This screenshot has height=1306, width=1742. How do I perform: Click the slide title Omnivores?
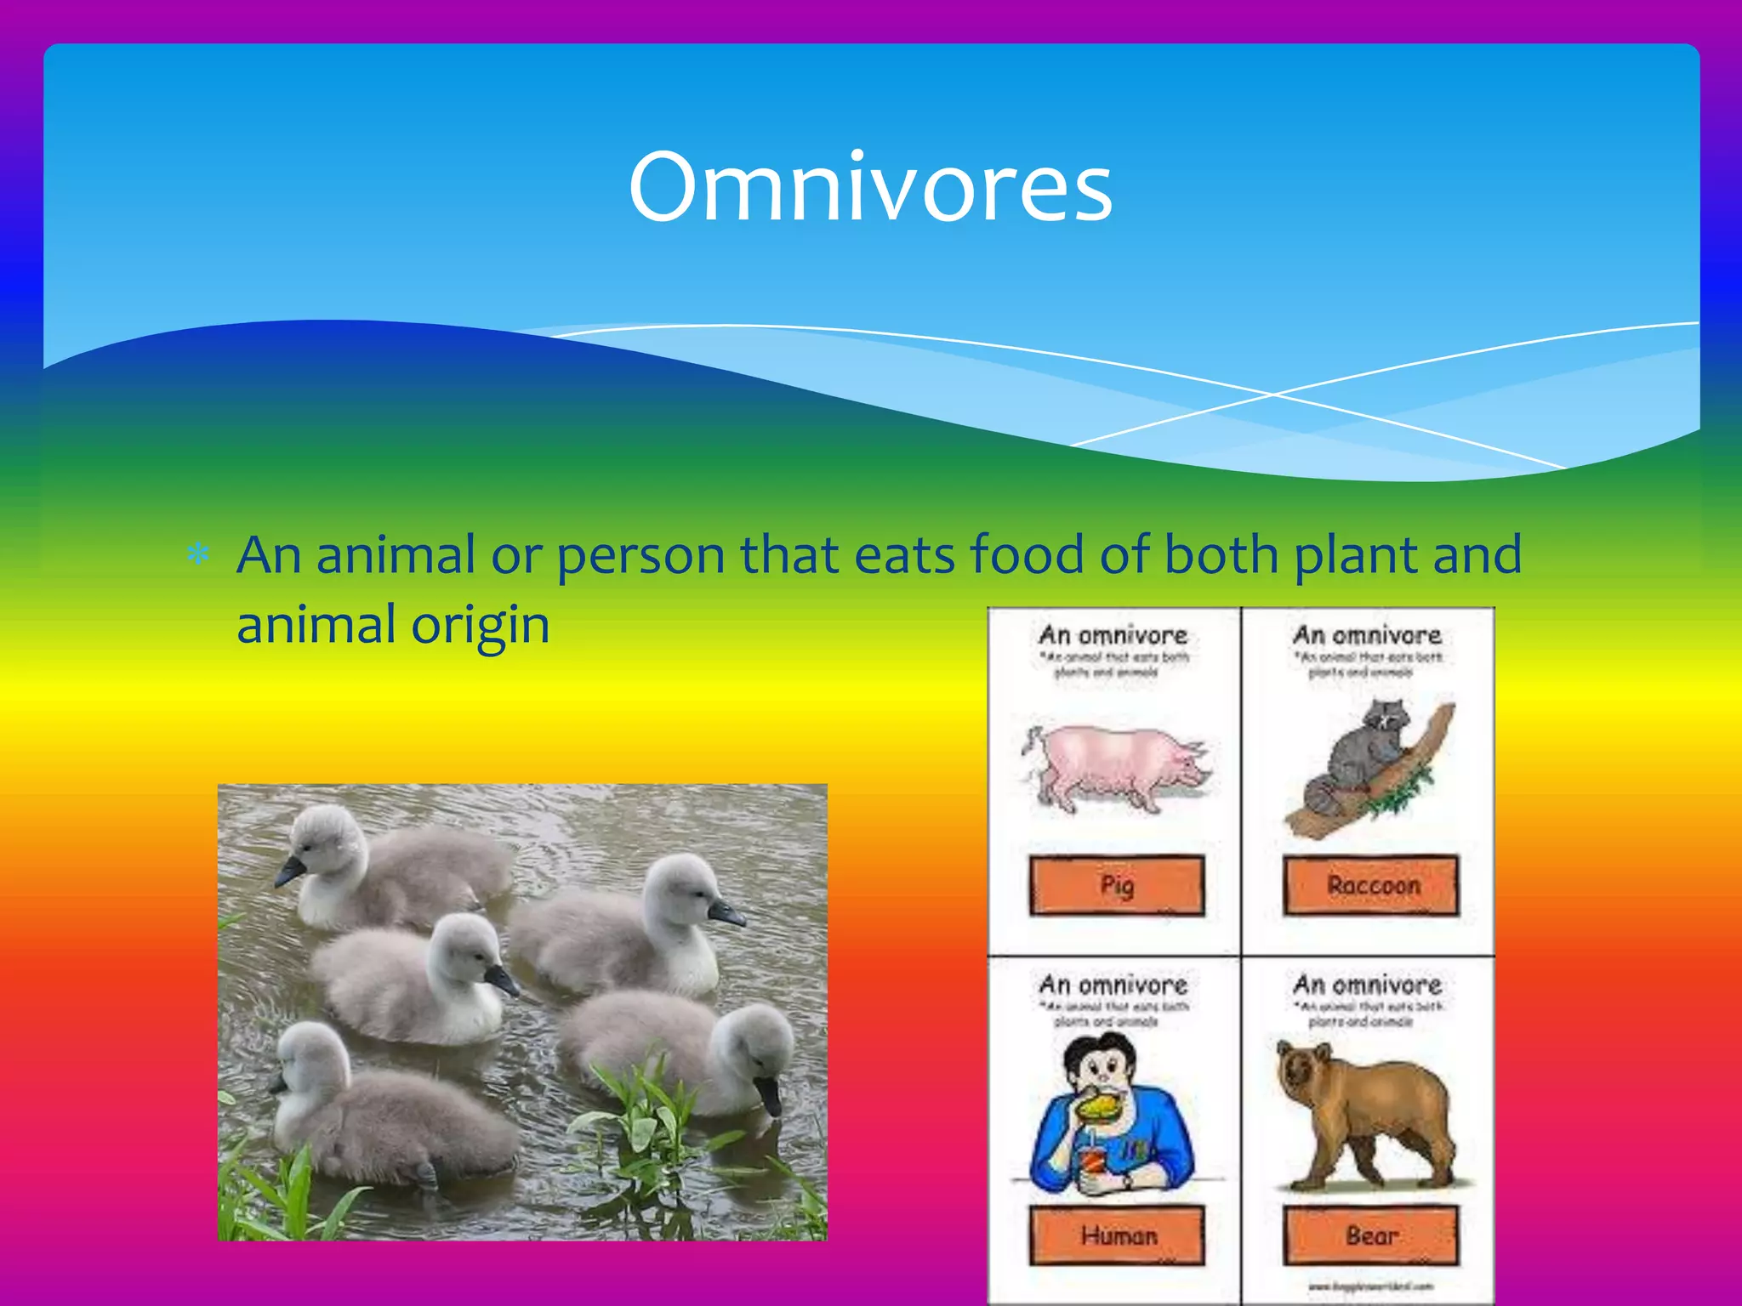[x=870, y=187]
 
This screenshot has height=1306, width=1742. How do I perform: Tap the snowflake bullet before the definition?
[x=198, y=555]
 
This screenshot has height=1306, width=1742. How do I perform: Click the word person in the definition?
[x=640, y=557]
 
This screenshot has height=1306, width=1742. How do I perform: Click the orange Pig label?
[x=1117, y=885]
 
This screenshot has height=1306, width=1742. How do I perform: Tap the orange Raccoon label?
[x=1372, y=885]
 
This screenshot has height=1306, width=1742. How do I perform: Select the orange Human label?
[x=1117, y=1235]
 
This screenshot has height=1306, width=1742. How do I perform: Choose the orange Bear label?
[x=1370, y=1235]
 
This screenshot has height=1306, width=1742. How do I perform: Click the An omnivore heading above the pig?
[x=1113, y=634]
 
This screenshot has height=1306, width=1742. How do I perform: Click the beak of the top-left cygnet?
[x=290, y=871]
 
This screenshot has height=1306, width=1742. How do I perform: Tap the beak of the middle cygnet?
[x=501, y=979]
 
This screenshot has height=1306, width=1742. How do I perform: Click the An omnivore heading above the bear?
[x=1367, y=985]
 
